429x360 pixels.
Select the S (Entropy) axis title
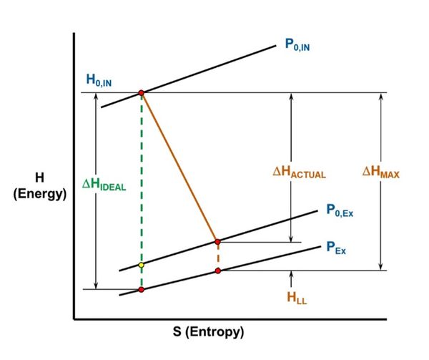click(x=209, y=333)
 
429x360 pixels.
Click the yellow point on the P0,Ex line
click(x=142, y=265)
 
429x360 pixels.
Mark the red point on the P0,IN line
click(x=142, y=93)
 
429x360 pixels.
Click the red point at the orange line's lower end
click(x=218, y=241)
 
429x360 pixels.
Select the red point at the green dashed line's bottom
click(x=142, y=289)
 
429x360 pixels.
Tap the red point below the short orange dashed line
click(x=218, y=270)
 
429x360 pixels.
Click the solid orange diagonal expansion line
click(x=179, y=167)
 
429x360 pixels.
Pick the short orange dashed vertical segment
click(x=218, y=256)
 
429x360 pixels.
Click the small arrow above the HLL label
click(x=292, y=276)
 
